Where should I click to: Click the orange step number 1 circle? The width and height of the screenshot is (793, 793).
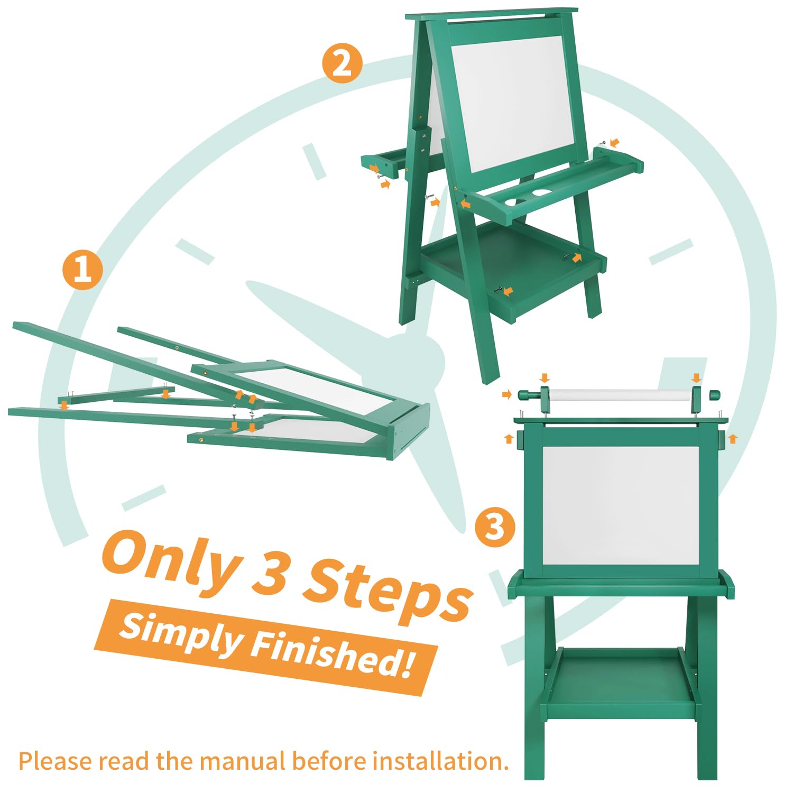[x=82, y=270]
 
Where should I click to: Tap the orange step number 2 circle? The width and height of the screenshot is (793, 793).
[x=343, y=63]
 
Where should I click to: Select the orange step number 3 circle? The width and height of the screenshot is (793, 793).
[x=495, y=527]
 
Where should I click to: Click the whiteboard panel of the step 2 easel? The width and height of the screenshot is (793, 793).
[x=515, y=104]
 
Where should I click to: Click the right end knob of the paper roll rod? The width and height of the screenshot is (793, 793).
[x=714, y=395]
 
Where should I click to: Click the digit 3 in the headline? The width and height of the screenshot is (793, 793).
[x=271, y=575]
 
